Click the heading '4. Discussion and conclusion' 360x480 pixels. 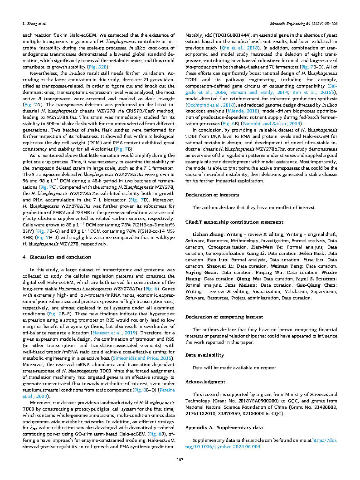[x=52, y=257]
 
